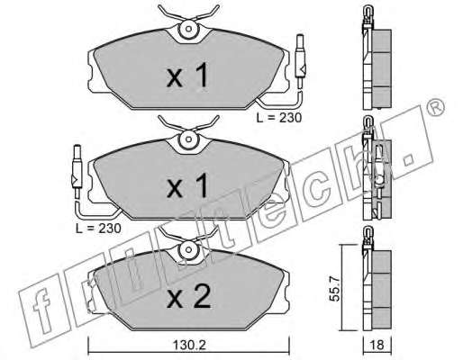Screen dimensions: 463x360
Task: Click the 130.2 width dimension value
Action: [x=189, y=346]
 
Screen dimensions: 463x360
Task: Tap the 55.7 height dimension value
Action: [x=336, y=289]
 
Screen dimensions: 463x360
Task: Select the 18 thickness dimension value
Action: [x=377, y=346]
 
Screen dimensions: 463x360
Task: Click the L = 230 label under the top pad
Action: [x=279, y=118]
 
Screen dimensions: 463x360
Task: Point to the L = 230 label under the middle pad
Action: [x=98, y=229]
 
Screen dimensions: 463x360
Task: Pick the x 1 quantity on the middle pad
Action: [x=187, y=185]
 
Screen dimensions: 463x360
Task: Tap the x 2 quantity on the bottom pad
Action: [x=189, y=296]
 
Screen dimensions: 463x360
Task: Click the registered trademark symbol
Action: [x=435, y=107]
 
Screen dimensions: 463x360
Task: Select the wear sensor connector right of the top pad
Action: [x=301, y=61]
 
